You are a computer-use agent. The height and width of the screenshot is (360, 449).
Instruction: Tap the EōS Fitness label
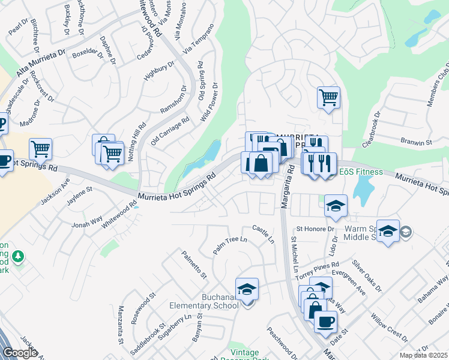tap(361, 172)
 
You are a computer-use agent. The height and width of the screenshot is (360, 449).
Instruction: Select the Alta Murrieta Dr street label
tap(41, 62)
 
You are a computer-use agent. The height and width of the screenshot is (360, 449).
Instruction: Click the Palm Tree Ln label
tap(230, 245)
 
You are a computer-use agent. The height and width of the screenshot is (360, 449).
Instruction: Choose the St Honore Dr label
tap(315, 229)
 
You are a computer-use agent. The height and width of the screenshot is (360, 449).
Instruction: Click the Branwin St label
tap(417, 143)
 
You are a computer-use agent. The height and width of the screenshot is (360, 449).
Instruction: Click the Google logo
tap(19, 353)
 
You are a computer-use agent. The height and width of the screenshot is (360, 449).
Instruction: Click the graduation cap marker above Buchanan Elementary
tap(247, 290)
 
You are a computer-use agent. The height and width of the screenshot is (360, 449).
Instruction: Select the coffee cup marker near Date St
tap(325, 321)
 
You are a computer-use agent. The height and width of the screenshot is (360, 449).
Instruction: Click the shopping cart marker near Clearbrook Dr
tap(328, 97)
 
